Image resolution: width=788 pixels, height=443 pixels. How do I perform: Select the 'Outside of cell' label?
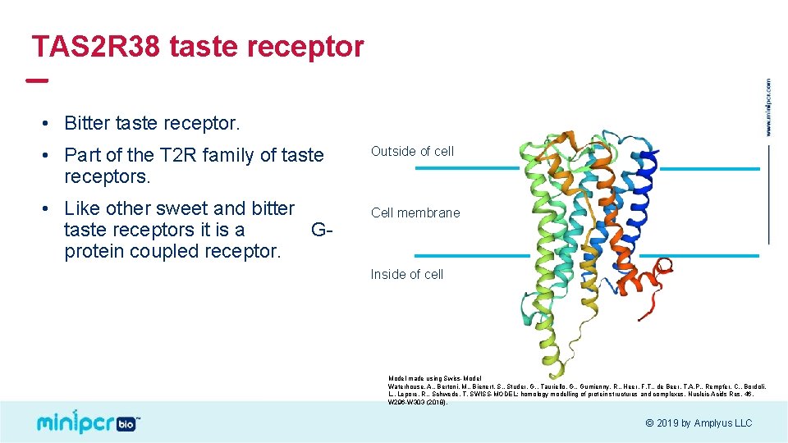coord(412,151)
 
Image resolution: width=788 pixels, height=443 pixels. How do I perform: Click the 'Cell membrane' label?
coord(415,212)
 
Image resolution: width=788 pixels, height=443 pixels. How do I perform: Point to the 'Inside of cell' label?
coord(407,274)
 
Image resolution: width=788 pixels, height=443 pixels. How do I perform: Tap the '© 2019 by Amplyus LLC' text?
coord(699,423)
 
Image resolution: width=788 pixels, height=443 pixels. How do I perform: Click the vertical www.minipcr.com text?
coord(768,107)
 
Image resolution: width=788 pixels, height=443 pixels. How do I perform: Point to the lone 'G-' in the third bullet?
coord(322,230)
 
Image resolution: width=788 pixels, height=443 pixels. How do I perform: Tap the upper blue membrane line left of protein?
coord(466,168)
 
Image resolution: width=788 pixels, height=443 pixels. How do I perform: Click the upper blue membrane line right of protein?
coord(709,169)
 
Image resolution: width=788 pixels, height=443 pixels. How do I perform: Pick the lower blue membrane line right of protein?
coord(699,255)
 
